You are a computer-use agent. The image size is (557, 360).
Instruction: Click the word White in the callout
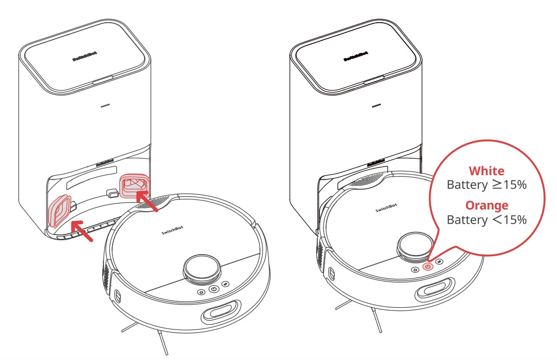click(486, 171)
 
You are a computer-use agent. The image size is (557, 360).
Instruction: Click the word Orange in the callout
click(486, 205)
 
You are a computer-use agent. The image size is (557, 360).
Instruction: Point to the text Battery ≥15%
click(486, 185)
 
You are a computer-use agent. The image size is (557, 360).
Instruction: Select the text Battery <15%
click(486, 220)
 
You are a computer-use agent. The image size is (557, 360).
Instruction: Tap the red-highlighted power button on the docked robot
click(427, 267)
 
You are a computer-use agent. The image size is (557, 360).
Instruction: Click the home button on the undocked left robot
click(201, 292)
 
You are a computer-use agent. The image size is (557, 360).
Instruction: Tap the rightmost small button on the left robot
click(225, 284)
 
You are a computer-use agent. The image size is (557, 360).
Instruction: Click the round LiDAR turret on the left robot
click(202, 269)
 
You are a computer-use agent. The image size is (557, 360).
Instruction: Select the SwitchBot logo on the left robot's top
click(172, 232)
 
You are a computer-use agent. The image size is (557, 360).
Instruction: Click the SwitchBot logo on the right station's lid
click(356, 56)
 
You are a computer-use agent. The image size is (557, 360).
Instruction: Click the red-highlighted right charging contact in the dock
click(135, 185)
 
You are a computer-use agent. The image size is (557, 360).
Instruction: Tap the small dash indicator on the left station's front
click(105, 106)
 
